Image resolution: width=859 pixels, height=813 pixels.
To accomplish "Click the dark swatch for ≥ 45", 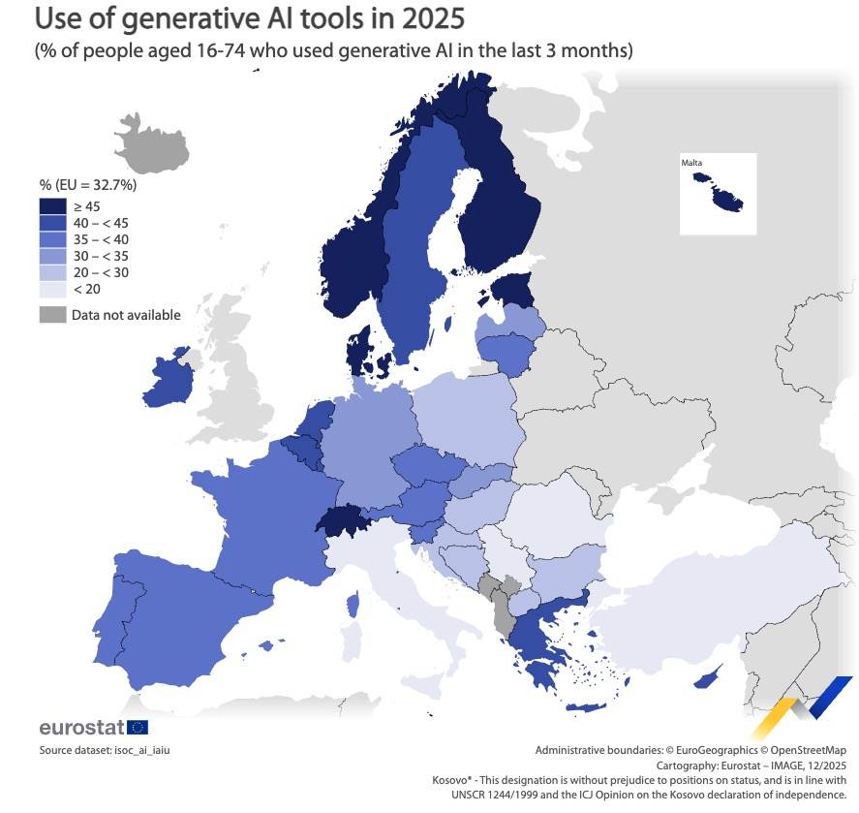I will [52, 205].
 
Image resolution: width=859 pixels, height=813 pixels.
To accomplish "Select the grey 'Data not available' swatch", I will [52, 314].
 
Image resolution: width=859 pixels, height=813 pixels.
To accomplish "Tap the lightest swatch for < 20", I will [52, 289].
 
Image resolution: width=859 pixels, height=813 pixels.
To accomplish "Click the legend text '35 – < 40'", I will [100, 239].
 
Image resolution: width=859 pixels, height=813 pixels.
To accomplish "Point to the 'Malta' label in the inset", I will [691, 163].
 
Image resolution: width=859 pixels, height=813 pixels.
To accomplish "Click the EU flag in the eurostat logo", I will [137, 727].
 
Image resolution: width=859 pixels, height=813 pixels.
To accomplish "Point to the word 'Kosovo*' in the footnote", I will [452, 779].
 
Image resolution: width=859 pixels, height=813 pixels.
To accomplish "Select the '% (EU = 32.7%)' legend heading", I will [87, 184].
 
